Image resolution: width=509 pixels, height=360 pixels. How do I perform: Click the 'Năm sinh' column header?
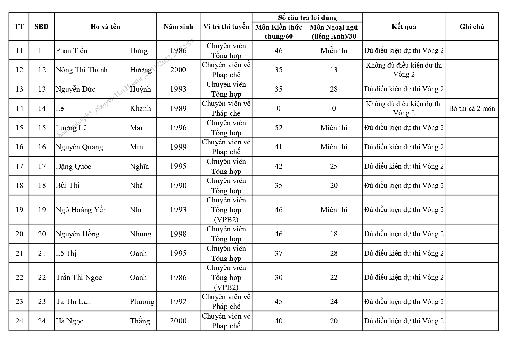(x=178, y=27)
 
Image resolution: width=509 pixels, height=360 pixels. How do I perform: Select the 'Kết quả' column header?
(x=404, y=27)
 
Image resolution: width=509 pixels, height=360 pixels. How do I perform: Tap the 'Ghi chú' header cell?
(x=472, y=27)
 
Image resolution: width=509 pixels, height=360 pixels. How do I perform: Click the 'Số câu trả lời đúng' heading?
(x=307, y=18)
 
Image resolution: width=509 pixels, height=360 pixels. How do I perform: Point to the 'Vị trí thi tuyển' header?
(x=226, y=27)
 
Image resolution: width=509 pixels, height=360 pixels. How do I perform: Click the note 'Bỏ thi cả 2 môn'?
(x=472, y=108)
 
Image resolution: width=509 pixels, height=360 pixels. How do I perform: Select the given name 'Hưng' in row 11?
(x=139, y=51)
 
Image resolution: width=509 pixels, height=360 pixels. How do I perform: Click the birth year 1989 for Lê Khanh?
(x=178, y=108)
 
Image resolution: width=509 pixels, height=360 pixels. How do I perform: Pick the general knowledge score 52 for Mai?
(x=278, y=128)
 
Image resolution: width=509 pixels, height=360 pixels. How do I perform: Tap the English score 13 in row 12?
(x=334, y=70)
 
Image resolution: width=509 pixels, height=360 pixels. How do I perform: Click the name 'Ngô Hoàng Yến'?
(x=81, y=210)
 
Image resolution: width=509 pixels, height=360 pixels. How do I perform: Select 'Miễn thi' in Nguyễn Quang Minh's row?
(x=334, y=147)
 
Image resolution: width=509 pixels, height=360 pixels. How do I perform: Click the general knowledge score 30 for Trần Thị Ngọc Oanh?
(x=278, y=277)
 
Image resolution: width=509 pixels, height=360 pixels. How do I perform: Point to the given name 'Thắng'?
(x=140, y=321)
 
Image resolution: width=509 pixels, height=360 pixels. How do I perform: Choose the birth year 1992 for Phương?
(x=178, y=302)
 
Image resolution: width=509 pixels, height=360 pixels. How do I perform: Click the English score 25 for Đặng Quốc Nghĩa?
(x=334, y=166)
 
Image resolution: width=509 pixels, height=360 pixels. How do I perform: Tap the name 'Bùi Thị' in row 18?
(x=68, y=186)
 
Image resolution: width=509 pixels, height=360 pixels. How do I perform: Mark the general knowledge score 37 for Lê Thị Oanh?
(x=278, y=253)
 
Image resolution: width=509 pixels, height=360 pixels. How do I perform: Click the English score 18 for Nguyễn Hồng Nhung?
(x=334, y=234)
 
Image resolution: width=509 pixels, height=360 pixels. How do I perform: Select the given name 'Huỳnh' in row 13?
(x=140, y=89)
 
